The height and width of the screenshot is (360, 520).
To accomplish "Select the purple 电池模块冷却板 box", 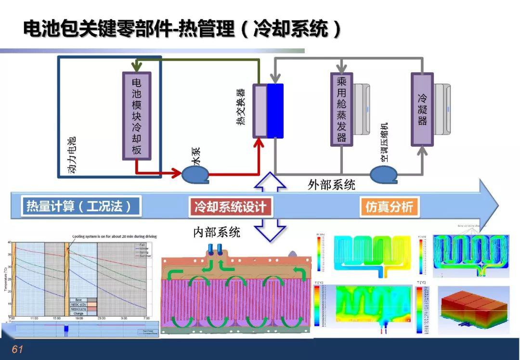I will click(x=137, y=116).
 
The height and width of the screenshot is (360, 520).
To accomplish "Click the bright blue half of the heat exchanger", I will click(x=275, y=111).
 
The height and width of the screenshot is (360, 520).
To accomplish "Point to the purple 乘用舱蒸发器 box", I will click(x=341, y=109).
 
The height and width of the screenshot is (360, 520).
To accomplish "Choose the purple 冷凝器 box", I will click(x=422, y=109).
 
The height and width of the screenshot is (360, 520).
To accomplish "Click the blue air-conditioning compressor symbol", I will click(x=383, y=174).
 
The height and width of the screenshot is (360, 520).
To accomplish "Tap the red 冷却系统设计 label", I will click(x=230, y=207).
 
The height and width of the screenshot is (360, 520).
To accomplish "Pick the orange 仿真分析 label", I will click(x=389, y=207).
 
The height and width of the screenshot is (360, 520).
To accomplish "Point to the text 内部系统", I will click(x=217, y=232).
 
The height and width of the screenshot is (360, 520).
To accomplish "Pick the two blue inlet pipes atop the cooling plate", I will click(x=215, y=249).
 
